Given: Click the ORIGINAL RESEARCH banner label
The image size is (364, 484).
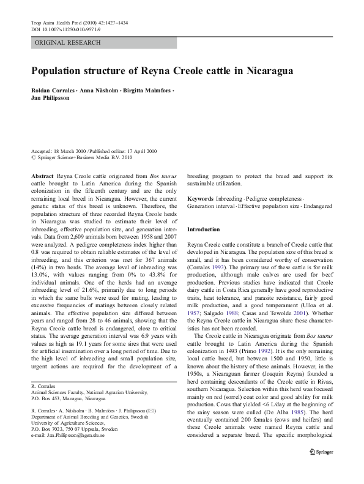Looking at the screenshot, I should [x=68, y=43].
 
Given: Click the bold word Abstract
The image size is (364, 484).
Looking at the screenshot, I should [x=42, y=176].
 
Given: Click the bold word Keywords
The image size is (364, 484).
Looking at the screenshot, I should [x=200, y=199].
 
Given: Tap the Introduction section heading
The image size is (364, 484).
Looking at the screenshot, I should [x=203, y=229].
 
